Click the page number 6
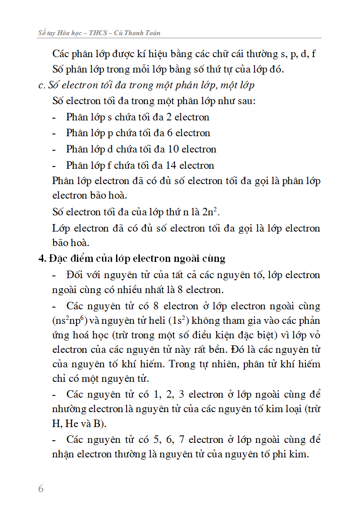tap(41, 489)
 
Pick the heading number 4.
tap(42, 258)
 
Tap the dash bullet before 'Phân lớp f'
tap(54, 165)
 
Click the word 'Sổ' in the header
tap(42, 33)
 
